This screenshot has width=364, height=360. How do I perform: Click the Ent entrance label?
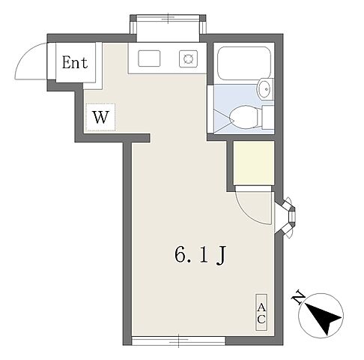(75, 63)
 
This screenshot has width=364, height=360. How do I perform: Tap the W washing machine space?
(100, 117)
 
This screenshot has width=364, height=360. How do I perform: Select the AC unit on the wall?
(261, 312)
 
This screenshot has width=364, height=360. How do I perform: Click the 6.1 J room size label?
(201, 255)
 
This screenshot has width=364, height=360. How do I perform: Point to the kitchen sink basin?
(149, 58)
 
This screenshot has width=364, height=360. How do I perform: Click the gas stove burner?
(188, 58)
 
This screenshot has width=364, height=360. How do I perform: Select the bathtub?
(244, 63)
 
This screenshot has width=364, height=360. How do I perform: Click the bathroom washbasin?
(265, 88)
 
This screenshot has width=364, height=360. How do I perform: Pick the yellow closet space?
(254, 163)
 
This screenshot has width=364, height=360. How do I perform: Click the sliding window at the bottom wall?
(178, 340)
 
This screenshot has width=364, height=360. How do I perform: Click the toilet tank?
(268, 117)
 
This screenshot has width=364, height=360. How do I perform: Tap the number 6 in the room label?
(181, 255)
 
